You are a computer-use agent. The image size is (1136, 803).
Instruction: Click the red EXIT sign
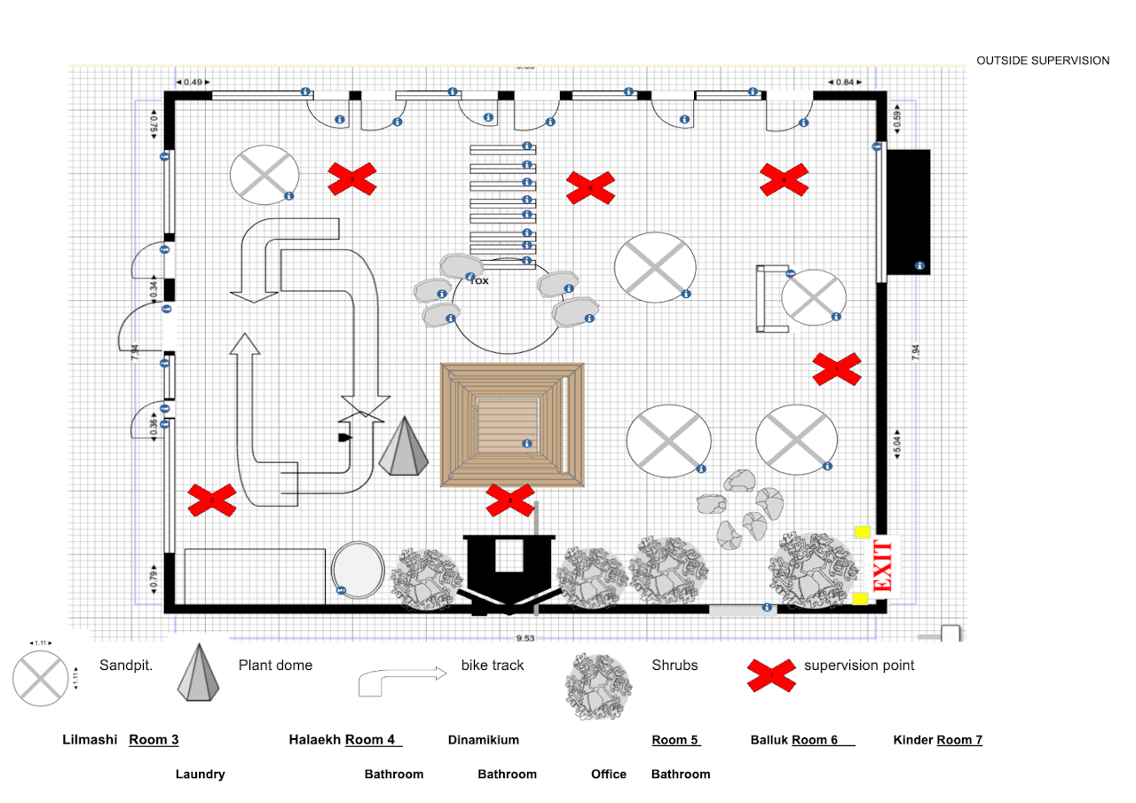[x=882, y=565]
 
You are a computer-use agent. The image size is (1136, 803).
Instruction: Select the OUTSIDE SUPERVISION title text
[x=1043, y=60]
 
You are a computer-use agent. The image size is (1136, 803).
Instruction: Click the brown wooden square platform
[x=512, y=424]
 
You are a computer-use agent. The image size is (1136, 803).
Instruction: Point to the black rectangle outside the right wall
[x=909, y=211]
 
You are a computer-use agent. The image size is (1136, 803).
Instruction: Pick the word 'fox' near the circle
[x=479, y=280]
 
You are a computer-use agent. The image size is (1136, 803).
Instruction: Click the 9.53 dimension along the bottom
[x=525, y=638]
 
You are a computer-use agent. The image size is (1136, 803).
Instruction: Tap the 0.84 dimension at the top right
[x=844, y=83]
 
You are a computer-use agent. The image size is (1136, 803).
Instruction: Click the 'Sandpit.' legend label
[x=127, y=665]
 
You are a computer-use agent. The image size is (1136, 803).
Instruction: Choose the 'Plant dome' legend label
[x=275, y=665]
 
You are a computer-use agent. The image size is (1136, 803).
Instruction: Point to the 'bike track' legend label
[x=493, y=665]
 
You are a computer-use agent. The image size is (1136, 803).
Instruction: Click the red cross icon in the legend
[x=770, y=676]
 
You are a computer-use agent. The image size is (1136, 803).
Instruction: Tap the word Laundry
[x=200, y=775]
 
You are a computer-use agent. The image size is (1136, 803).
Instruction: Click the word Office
[x=609, y=775]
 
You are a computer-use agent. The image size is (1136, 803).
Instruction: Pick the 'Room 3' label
[x=154, y=740]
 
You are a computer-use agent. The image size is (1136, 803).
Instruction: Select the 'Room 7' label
[x=959, y=740]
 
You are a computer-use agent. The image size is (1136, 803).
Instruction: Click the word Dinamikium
[x=484, y=740]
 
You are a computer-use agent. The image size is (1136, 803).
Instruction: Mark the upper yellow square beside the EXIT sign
[x=860, y=532]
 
